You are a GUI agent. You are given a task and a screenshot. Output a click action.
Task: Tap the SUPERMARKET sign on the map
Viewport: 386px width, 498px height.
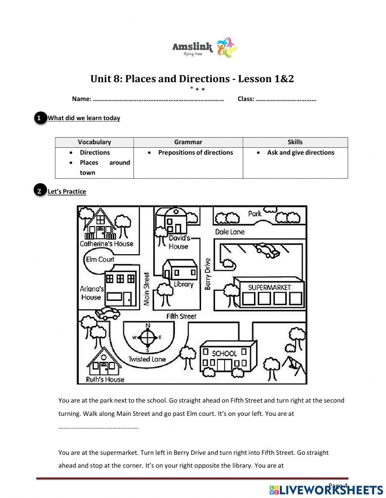point(269,287)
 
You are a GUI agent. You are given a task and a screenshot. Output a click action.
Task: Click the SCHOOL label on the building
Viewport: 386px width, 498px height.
point(224,353)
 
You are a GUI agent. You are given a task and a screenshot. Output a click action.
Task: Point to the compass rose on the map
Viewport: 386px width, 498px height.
point(147,338)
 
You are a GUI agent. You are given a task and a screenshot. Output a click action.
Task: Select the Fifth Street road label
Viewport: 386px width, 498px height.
point(181,316)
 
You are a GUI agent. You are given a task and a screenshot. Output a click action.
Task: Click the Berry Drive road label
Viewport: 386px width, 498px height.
point(208,274)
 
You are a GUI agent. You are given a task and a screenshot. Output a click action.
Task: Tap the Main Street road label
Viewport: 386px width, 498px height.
point(147,289)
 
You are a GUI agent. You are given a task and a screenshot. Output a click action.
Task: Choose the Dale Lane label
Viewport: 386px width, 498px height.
point(230,232)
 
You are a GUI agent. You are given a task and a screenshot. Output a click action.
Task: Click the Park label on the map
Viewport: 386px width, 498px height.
point(254,213)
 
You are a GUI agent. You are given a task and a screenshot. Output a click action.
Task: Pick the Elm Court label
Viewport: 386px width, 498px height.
point(100,259)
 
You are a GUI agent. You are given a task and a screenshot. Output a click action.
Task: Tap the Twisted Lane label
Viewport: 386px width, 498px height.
point(147,359)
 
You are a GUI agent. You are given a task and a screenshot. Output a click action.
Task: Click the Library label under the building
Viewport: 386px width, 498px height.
point(183,284)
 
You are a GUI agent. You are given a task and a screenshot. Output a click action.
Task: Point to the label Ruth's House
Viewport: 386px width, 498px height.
point(105,380)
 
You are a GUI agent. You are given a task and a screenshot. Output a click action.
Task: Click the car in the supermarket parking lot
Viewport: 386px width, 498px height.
point(267,250)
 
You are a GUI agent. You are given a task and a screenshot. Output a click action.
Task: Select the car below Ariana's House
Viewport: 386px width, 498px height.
point(108,313)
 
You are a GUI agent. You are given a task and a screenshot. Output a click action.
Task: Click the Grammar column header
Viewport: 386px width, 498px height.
point(188,142)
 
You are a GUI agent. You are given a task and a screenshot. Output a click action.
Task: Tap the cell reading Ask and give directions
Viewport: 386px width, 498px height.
point(300,152)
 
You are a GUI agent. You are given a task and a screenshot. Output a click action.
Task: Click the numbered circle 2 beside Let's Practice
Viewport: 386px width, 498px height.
point(39,191)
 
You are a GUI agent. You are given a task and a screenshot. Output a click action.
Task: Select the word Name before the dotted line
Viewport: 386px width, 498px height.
point(81,99)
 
